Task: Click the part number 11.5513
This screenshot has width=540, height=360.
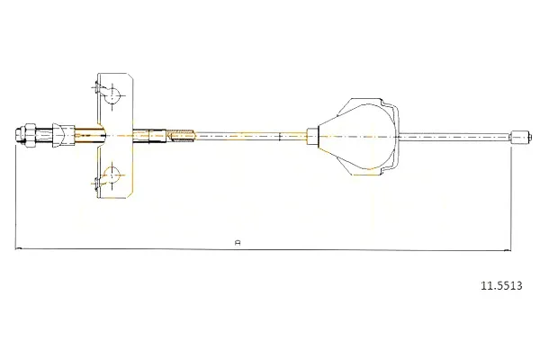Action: click(501, 285)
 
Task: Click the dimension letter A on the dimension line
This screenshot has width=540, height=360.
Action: click(237, 243)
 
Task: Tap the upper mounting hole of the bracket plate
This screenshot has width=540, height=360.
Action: click(112, 94)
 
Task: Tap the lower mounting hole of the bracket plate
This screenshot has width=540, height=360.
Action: click(112, 175)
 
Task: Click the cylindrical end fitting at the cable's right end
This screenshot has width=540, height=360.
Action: click(520, 137)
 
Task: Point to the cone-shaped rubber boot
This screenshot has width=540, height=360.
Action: click(356, 137)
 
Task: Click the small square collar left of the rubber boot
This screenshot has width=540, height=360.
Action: click(312, 137)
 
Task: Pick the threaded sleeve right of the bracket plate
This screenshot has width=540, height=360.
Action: click(182, 135)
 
